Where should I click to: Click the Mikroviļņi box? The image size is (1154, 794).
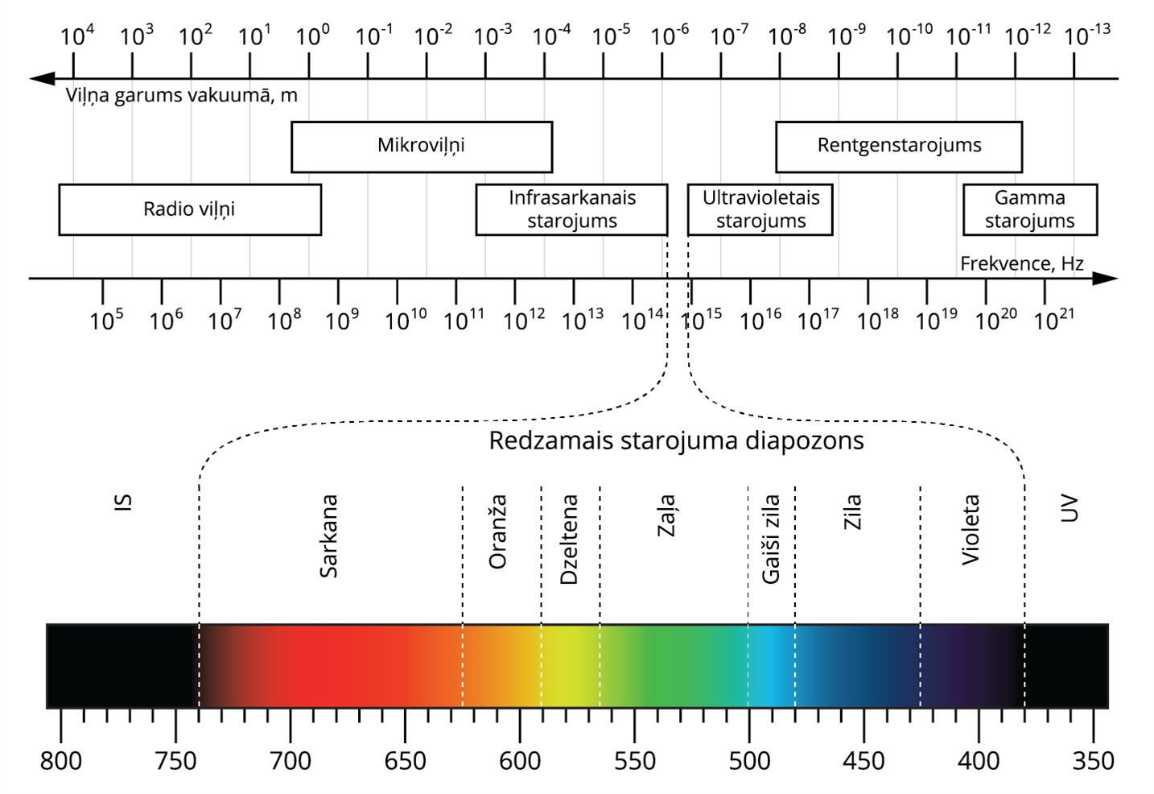pyautogui.click(x=421, y=147)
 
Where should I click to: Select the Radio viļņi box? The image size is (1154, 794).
pyautogui.click(x=189, y=209)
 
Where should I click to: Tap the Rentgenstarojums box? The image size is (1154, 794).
pyautogui.click(x=899, y=147)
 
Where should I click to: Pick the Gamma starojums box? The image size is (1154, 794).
pyautogui.click(x=1029, y=209)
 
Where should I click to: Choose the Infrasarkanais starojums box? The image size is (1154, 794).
pyautogui.click(x=571, y=209)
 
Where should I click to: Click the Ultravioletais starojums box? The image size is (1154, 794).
pyautogui.click(x=760, y=209)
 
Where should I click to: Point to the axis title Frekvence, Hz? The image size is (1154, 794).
pyautogui.click(x=1021, y=264)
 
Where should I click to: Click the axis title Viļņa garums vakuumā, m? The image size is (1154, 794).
pyautogui.click(x=181, y=96)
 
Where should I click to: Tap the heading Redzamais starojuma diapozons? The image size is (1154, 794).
pyautogui.click(x=676, y=441)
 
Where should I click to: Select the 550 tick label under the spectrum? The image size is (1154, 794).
pyautogui.click(x=634, y=761)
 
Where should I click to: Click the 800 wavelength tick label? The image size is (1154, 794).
pyautogui.click(x=61, y=761)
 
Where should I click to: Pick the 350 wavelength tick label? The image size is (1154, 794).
pyautogui.click(x=1093, y=761)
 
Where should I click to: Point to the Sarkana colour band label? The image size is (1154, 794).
pyautogui.click(x=328, y=536)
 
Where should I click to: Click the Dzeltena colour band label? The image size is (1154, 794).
pyautogui.click(x=569, y=540)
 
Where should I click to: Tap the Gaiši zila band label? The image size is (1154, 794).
pyautogui.click(x=771, y=540)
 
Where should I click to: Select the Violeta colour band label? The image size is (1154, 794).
pyautogui.click(x=971, y=530)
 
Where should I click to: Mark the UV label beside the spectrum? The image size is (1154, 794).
pyautogui.click(x=1069, y=509)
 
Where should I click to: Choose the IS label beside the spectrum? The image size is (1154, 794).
pyautogui.click(x=122, y=502)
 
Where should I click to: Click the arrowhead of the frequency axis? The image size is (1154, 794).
pyautogui.click(x=1107, y=279)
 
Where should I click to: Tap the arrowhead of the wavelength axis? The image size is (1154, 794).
pyautogui.click(x=41, y=79)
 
